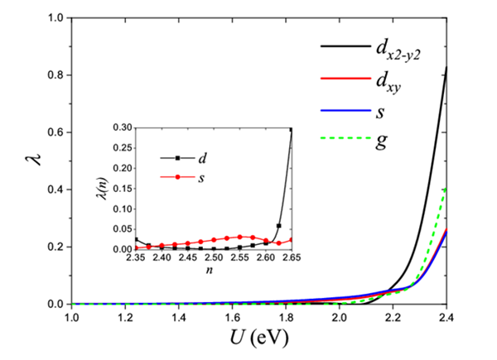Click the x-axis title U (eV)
(259, 338)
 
